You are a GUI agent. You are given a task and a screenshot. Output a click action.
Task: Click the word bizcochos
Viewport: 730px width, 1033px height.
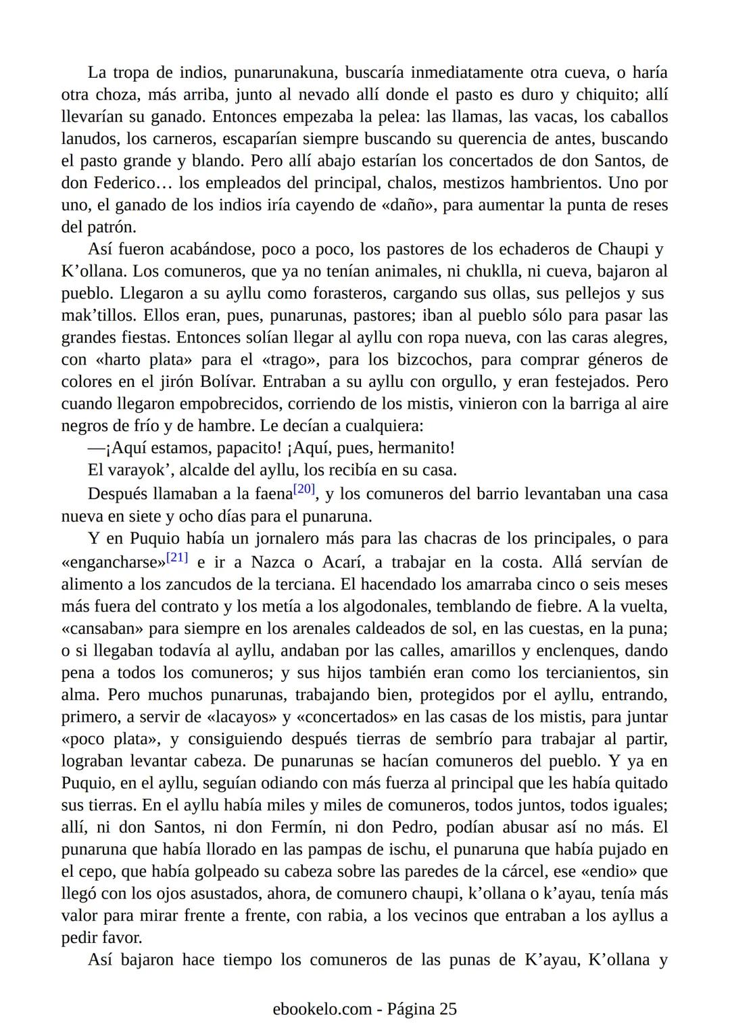(x=426, y=360)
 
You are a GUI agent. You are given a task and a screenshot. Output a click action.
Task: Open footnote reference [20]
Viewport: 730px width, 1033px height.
(x=305, y=489)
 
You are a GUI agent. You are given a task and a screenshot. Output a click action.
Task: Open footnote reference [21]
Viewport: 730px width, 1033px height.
(x=177, y=557)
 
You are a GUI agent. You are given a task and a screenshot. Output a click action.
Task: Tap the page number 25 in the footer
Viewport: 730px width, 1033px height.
(x=447, y=1009)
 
